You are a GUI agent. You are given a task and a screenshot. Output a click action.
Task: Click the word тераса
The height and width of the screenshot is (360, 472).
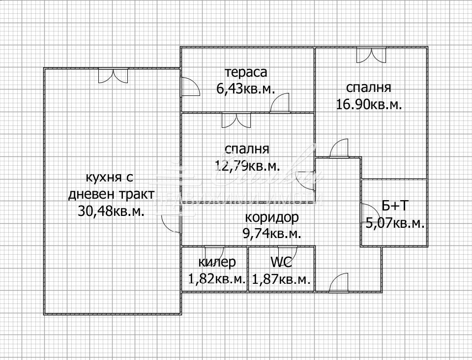tap(246, 72)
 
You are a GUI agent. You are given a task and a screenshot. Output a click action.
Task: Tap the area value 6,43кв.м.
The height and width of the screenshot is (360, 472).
tap(245, 88)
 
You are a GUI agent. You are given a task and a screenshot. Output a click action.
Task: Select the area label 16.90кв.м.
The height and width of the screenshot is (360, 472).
tap(369, 104)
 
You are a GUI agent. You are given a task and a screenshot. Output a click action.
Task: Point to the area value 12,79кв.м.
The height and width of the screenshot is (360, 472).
tap(247, 165)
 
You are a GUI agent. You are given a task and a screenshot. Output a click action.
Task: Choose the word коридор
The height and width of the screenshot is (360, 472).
tap(271, 217)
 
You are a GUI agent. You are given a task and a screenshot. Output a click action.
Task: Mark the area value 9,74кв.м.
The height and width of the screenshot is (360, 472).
tap(271, 234)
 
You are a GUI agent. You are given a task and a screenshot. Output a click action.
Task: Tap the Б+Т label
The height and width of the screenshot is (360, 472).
tap(394, 206)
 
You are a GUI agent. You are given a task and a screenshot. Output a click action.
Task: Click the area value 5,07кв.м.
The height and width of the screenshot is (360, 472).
tap(395, 223)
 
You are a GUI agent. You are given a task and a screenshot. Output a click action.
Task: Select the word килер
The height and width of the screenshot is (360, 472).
tap(217, 262)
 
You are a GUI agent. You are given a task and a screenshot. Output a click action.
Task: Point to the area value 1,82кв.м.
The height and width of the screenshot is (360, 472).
tap(217, 279)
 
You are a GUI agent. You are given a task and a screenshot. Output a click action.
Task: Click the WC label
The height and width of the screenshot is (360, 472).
tap(281, 262)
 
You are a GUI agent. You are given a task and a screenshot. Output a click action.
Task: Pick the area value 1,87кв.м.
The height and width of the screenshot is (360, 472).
tap(281, 279)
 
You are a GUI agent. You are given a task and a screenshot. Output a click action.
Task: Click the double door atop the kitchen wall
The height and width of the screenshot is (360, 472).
tap(113, 75)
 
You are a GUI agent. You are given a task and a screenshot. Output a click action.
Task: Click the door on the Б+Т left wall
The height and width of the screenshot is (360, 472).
tap(367, 212)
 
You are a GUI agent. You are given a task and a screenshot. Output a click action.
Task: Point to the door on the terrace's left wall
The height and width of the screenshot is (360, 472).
tap(189, 87)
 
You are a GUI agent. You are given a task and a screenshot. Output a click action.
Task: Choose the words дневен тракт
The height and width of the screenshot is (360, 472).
tap(111, 194)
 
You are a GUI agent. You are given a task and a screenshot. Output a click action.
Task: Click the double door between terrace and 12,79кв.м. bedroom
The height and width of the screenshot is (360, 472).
tap(236, 120)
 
